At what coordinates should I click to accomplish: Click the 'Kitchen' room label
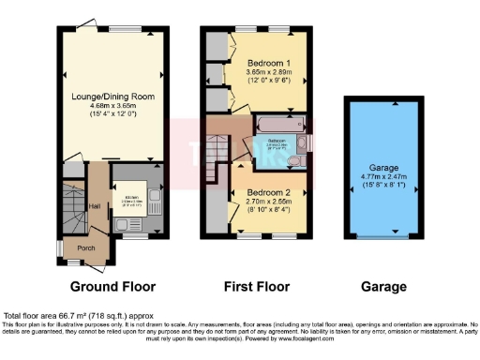[131, 197]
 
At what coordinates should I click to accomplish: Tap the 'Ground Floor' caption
[112, 287]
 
